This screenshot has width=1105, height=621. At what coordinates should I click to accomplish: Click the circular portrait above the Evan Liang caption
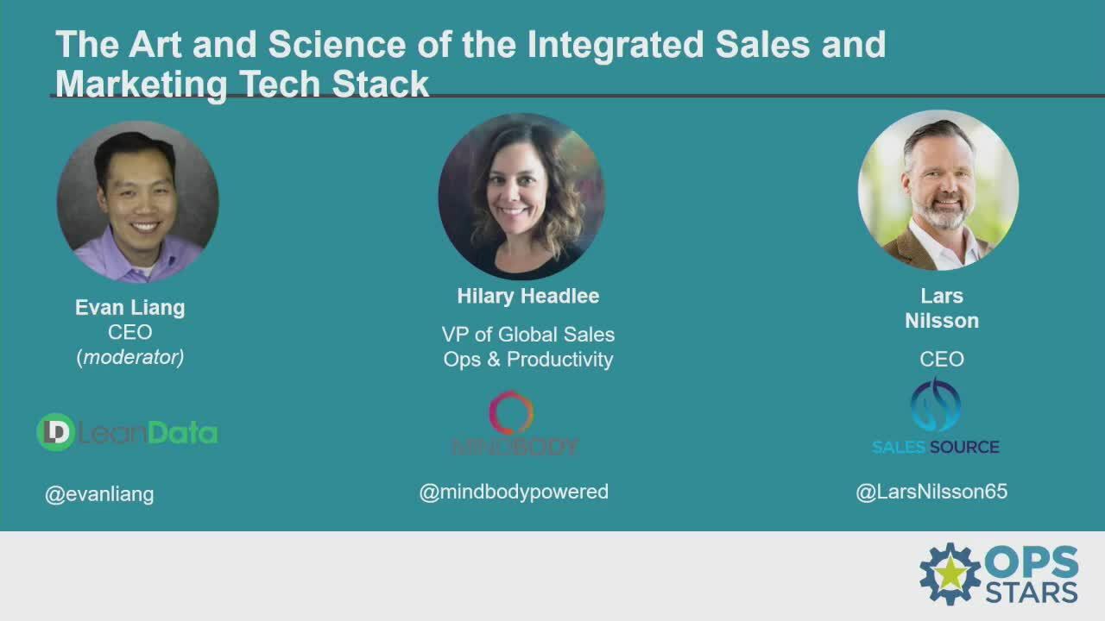[137, 202]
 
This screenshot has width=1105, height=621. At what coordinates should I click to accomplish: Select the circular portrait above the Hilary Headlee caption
[521, 197]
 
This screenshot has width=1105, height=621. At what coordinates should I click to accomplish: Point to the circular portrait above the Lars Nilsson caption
[938, 191]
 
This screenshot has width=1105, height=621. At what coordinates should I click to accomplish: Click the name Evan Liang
[130, 308]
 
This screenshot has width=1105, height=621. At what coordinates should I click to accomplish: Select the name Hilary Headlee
[528, 297]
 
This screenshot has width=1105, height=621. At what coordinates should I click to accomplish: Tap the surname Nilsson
[942, 321]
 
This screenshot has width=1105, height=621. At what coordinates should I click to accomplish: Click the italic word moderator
[130, 357]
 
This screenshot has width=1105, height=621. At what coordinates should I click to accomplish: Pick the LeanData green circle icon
[56, 432]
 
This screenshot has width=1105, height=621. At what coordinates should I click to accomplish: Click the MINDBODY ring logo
[511, 412]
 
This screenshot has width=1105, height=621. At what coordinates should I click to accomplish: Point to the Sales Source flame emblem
[935, 405]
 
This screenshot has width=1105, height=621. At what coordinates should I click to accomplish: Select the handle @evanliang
[99, 495]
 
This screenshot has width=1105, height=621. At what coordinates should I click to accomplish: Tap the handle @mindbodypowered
[514, 492]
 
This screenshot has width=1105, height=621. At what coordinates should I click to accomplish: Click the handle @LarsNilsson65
[931, 492]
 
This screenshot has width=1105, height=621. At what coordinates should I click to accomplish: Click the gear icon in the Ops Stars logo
[950, 574]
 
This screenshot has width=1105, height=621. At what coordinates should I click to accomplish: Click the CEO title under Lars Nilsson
[942, 359]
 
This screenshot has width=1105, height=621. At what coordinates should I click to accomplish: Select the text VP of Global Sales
[528, 335]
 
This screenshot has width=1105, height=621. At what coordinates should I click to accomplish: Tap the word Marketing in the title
[142, 85]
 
